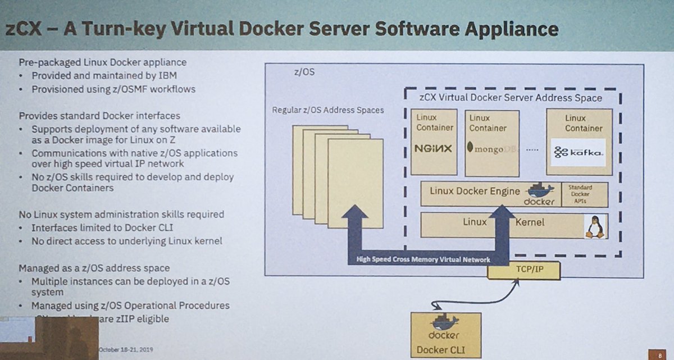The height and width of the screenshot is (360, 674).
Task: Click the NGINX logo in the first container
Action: pos(434,149)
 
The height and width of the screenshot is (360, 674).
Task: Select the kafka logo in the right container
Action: pos(578,152)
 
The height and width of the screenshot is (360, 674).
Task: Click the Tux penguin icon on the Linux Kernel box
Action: pos(593,226)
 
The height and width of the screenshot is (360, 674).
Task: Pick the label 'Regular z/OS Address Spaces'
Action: pos(327,110)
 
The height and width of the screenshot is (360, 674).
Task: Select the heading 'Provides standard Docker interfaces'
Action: pos(99,116)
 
